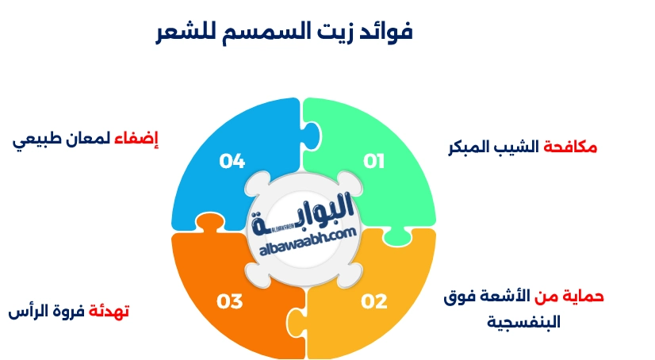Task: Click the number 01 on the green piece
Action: tap(373, 162)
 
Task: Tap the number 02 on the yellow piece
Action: tap(373, 301)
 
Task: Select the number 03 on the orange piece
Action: tap(229, 301)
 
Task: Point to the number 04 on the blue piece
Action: tap(232, 162)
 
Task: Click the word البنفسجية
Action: tap(523, 322)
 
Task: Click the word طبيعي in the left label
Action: tap(35, 142)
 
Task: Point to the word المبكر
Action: tap(473, 147)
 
